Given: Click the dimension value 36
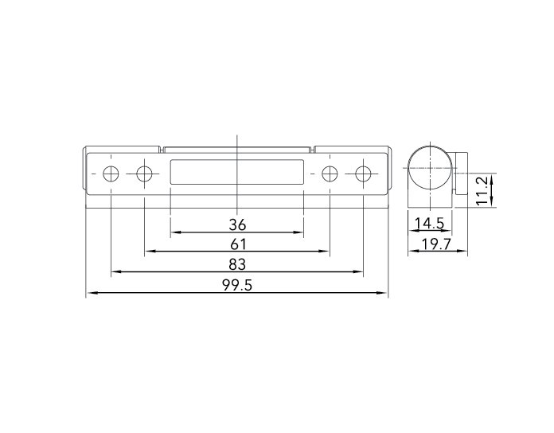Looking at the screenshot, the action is coord(237,224).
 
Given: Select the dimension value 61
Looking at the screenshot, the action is coord(237,244).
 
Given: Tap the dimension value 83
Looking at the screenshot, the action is coord(237,264).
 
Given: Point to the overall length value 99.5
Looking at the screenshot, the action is coord(237,285).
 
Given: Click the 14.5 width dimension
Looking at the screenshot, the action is coord(429,223).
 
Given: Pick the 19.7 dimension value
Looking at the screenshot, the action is coord(437,244).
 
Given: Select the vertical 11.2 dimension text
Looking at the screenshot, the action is coord(482,191).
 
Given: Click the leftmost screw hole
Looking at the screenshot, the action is coord(111,174).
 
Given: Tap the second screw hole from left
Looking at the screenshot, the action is coord(144,174).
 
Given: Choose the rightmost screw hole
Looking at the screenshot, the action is coord(363,174).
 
